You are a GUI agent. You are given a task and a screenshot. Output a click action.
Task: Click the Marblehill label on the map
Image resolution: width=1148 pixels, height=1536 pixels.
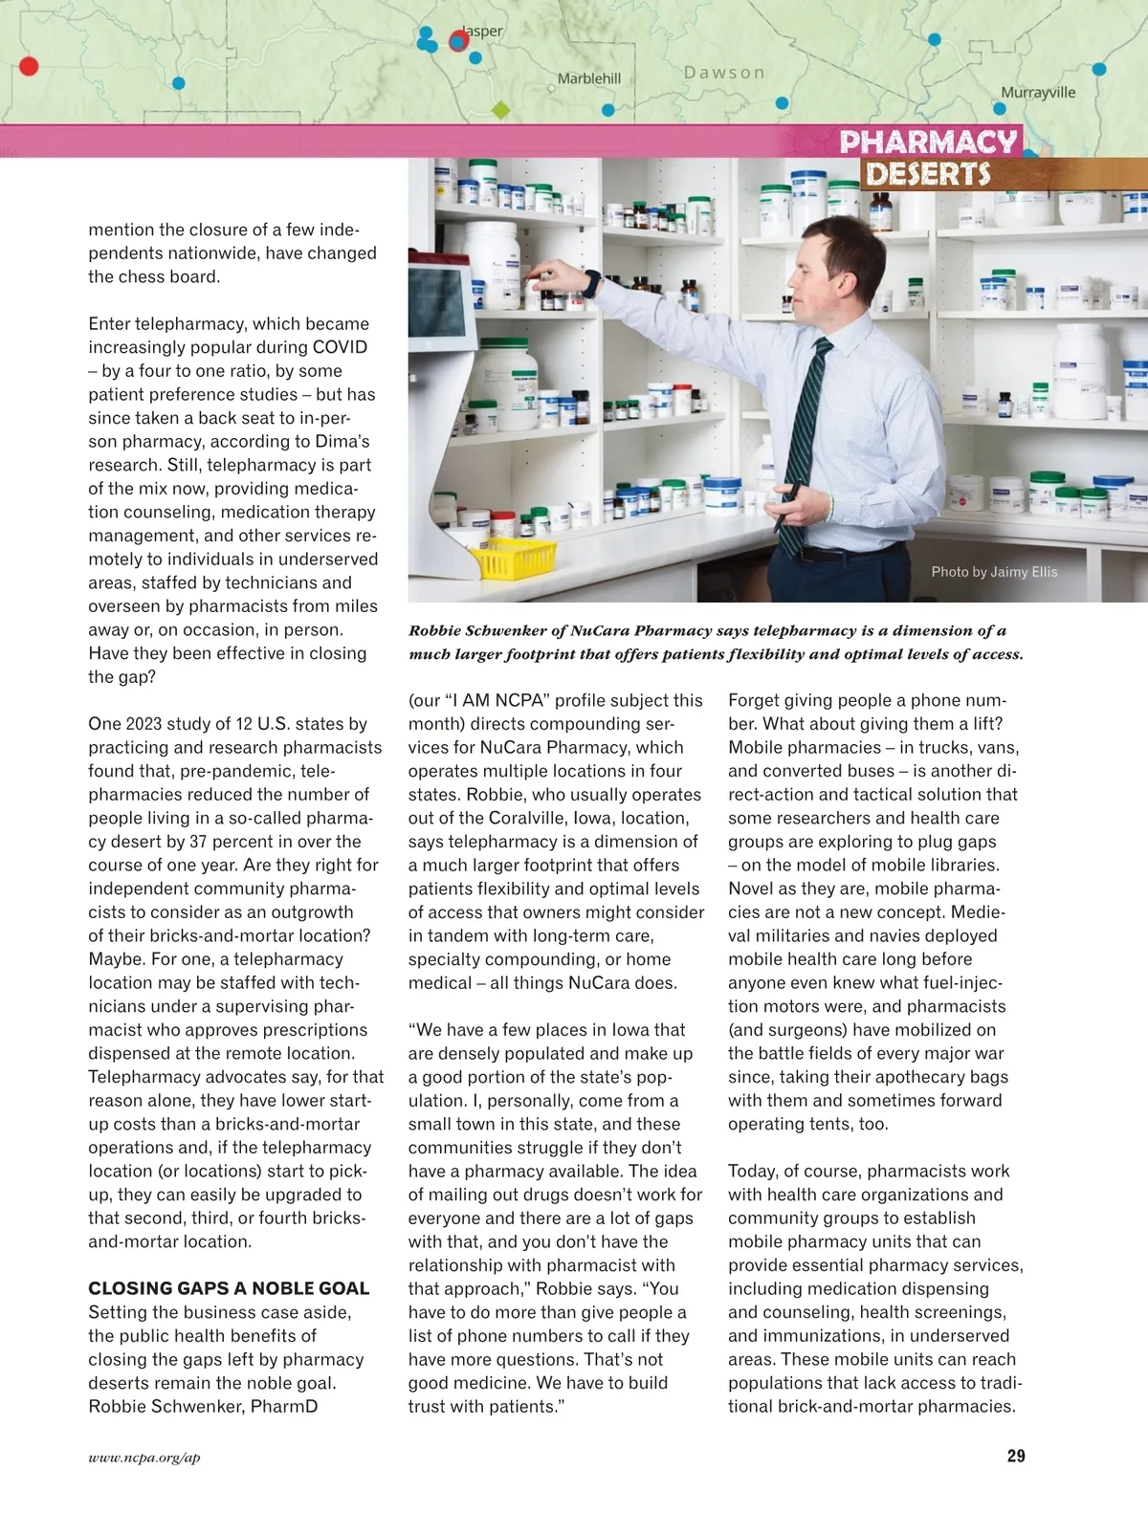point(589,78)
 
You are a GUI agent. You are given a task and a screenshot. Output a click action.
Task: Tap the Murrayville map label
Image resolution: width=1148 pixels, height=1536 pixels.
point(1038,93)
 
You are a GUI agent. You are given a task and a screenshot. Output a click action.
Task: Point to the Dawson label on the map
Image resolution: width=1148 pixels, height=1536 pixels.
point(724,73)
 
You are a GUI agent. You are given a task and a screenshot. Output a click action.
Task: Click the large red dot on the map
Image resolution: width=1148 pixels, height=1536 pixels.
point(29,66)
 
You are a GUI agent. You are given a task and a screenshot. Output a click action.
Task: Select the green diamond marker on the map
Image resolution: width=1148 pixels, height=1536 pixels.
point(500,111)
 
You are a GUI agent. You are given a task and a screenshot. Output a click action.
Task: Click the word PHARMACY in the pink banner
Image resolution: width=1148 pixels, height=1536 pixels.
point(928,143)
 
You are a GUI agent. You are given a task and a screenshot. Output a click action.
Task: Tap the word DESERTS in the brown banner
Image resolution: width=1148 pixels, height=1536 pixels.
point(928,174)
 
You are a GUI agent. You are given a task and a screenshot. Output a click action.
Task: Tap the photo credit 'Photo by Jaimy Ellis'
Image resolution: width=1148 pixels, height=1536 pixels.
point(994,572)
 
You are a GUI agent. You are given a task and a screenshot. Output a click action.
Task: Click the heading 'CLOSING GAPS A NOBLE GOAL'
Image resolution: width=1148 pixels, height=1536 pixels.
point(229,1288)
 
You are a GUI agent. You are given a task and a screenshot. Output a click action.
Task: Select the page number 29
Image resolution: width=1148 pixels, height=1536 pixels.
point(1016,1456)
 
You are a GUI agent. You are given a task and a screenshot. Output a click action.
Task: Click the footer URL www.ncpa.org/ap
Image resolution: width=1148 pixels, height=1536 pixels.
point(144,1458)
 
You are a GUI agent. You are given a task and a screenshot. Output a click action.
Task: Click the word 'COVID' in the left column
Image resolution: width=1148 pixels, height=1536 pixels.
point(340,347)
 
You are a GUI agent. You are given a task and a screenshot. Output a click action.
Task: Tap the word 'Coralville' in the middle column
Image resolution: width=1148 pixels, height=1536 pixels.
point(529,818)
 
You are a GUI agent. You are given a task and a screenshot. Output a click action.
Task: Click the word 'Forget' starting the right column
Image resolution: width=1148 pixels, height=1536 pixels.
point(754,700)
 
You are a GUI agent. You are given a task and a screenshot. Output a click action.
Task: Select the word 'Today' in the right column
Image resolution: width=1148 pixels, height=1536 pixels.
point(751,1171)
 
